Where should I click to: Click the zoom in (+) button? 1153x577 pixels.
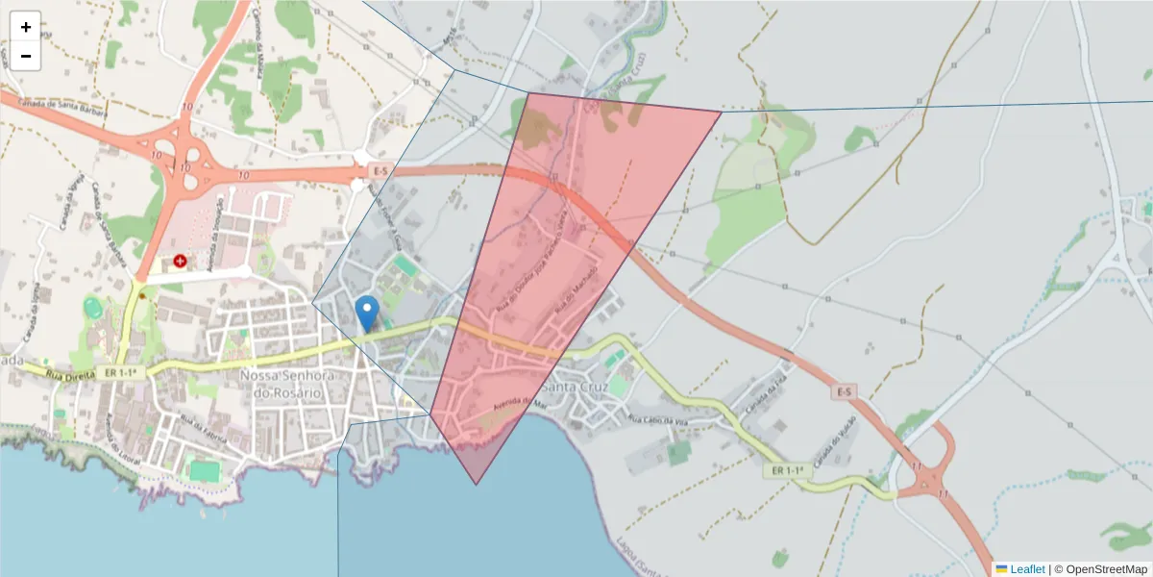coord(26,27)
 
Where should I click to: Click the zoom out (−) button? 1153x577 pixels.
coord(26,56)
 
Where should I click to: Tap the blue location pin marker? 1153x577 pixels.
coord(366,313)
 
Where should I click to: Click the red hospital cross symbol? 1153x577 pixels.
coord(180,261)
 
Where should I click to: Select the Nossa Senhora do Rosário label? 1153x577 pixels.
coord(284,384)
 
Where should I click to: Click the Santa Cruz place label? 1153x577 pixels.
coord(575,387)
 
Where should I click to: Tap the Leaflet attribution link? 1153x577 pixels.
coord(1026,569)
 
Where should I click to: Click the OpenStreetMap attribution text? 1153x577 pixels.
coord(1100,569)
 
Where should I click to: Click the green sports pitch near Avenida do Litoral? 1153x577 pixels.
coord(203,470)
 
